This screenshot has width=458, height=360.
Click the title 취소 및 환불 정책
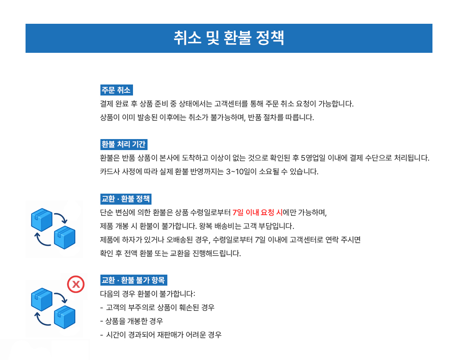[x=229, y=38]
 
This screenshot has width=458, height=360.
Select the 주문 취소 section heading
[x=116, y=90]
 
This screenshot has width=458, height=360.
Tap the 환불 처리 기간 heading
[x=124, y=144]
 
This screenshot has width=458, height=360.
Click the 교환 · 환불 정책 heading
[x=126, y=199]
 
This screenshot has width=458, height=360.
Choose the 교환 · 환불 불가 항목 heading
[x=133, y=280]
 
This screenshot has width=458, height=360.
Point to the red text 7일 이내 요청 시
[x=257, y=213]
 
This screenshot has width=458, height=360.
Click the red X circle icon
[x=76, y=284]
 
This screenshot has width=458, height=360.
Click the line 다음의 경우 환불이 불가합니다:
[x=148, y=294]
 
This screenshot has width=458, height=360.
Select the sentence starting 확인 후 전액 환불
[x=171, y=253]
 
